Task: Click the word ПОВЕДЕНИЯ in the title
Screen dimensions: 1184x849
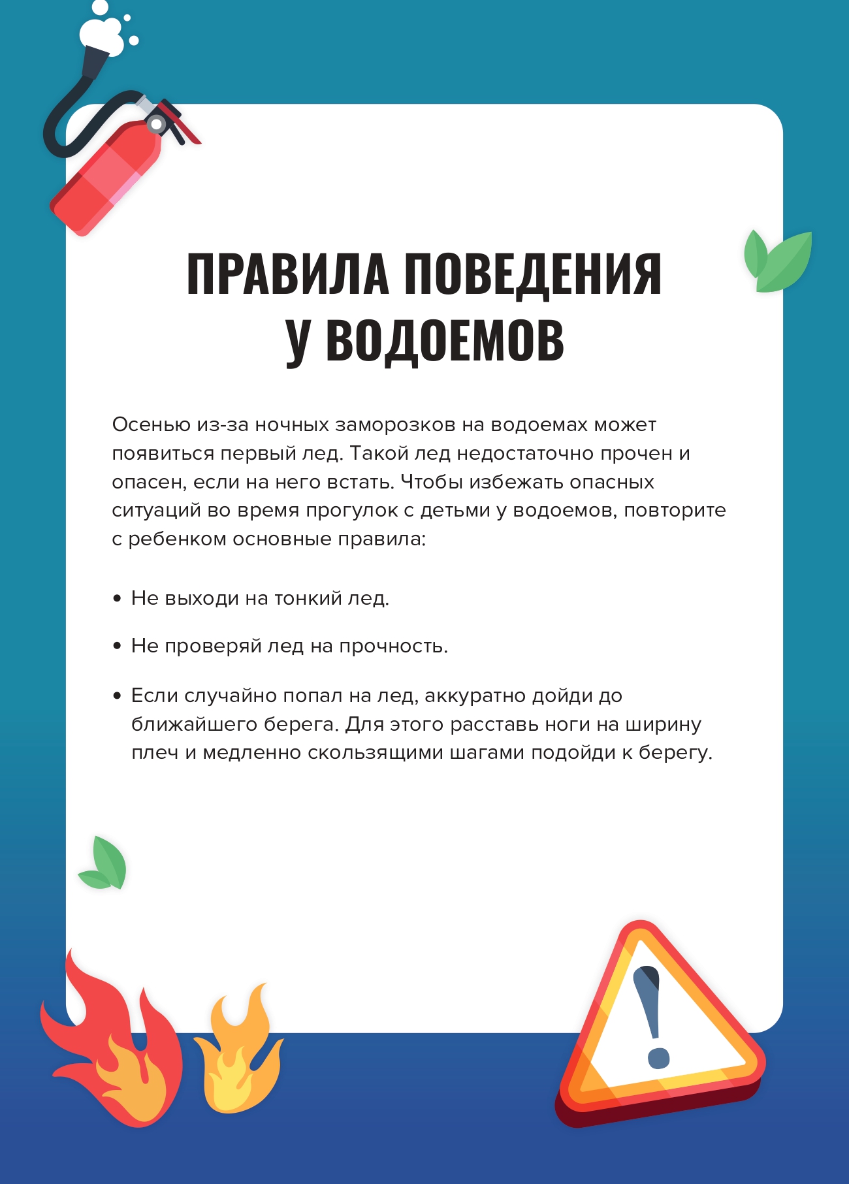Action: tap(532, 274)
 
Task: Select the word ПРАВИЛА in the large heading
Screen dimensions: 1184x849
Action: tap(287, 274)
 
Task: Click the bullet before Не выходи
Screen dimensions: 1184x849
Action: tap(118, 598)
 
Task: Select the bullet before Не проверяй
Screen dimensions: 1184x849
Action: tap(118, 646)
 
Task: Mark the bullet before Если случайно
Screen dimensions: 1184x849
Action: tap(118, 696)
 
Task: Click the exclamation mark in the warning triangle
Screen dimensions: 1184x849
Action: tap(654, 1012)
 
